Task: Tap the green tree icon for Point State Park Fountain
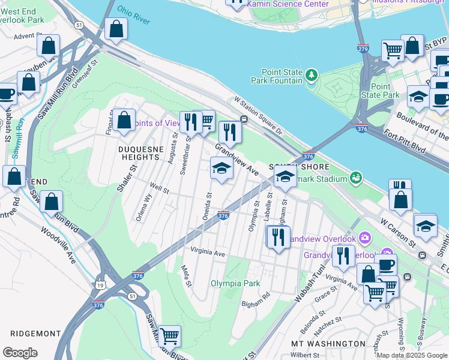[311, 76]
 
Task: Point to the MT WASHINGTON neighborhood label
[328, 344]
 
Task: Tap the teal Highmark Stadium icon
[356, 178]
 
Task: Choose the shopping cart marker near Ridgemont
[169, 337]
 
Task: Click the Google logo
[20, 353]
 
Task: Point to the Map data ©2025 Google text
[411, 355]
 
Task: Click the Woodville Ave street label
[59, 245]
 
